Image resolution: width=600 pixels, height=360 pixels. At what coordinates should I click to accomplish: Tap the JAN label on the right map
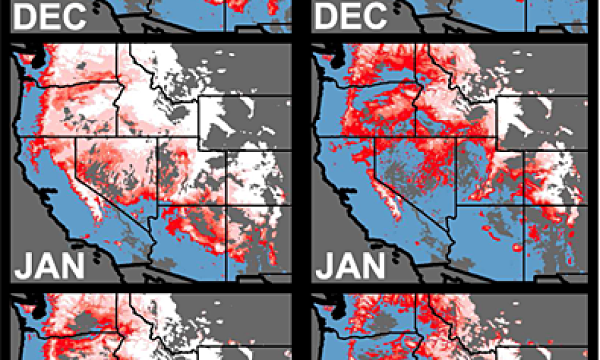pos(350,265)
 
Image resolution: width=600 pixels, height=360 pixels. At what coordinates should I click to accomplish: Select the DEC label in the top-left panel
pos(49,16)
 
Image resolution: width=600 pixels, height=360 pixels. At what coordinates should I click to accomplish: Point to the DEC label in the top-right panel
pos(350,16)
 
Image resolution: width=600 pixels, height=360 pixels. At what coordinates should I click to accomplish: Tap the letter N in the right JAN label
pos(374,265)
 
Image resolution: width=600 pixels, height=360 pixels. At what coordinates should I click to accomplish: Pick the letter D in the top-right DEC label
pos(326,16)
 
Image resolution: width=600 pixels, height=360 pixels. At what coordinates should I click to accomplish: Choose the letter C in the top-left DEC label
pos(73,16)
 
